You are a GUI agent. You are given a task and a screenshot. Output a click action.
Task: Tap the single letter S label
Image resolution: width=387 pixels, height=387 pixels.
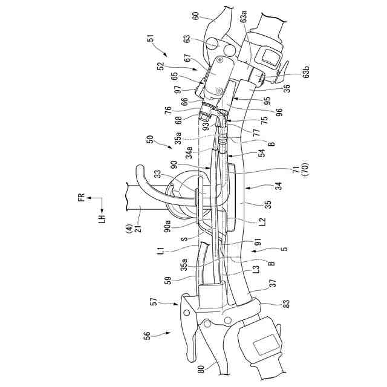(184, 239)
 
